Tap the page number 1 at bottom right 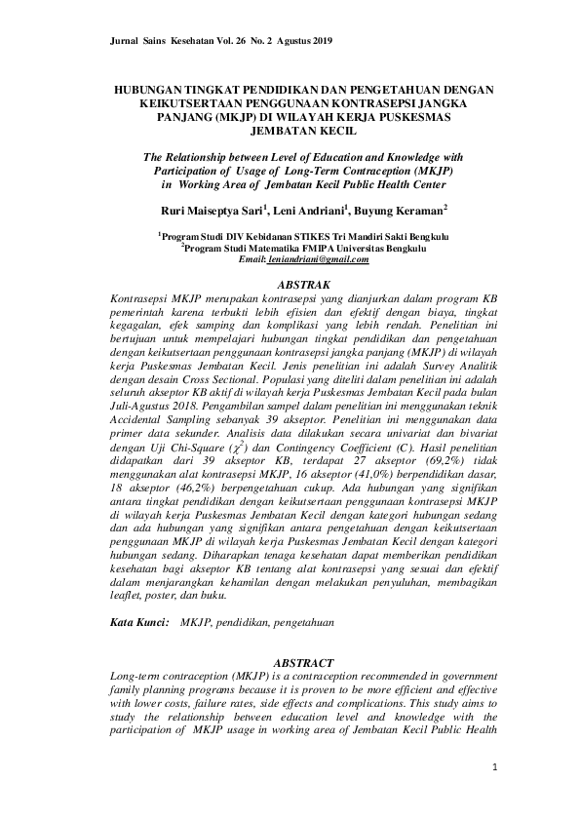[494, 768]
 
